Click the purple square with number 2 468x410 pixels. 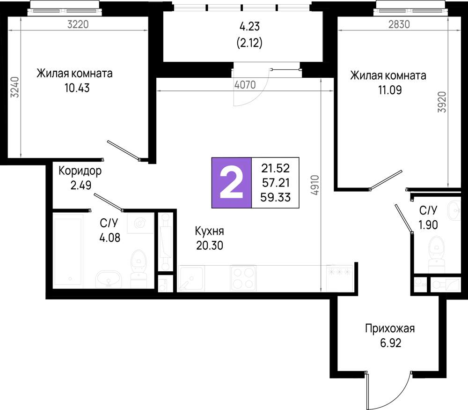[231, 182]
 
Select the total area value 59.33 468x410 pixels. [276, 198]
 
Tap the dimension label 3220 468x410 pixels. [78, 25]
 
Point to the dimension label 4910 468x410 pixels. [314, 186]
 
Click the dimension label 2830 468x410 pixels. [399, 25]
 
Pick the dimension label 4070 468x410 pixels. [245, 85]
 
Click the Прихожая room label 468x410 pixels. [390, 328]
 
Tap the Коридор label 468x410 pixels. [80, 171]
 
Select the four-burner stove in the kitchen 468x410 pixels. [243, 278]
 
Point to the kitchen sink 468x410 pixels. [191, 279]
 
